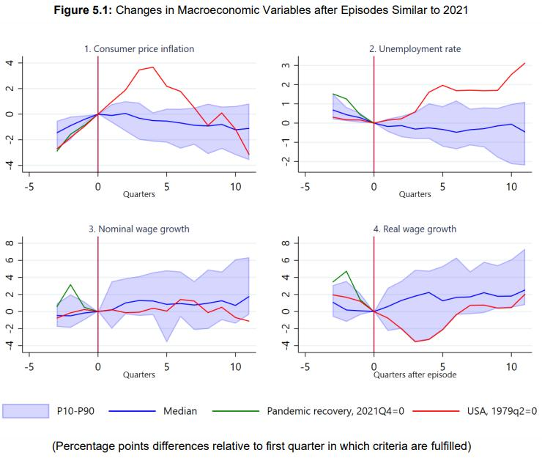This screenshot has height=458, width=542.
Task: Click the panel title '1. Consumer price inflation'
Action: click(139, 49)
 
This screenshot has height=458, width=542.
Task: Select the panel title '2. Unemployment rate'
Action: click(415, 49)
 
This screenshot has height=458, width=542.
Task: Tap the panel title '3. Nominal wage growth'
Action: click(139, 229)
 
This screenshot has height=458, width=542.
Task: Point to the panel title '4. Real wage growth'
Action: click(415, 229)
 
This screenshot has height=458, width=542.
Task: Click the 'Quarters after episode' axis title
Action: click(415, 374)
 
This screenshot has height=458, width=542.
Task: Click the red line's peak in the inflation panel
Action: click(153, 67)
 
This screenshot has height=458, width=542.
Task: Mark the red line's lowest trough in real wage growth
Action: click(415, 341)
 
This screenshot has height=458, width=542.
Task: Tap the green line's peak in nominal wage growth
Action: click(70, 284)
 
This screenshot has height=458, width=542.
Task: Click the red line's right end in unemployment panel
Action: click(525, 63)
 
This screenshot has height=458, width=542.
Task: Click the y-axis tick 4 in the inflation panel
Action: click(9, 63)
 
